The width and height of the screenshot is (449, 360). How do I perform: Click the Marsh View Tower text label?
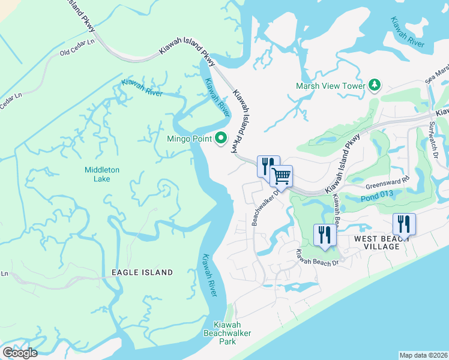(x=330, y=86)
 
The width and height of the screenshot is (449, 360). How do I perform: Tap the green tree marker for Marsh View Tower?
(x=375, y=85)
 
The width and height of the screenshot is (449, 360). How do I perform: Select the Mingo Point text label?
(x=189, y=139)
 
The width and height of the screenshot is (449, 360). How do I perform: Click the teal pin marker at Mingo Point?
(x=220, y=139)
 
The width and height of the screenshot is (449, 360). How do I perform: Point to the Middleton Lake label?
(x=101, y=175)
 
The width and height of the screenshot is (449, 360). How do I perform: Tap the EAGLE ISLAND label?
(x=142, y=272)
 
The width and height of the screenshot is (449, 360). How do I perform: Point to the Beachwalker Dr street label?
(x=264, y=207)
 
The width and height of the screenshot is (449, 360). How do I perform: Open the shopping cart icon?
(x=281, y=176)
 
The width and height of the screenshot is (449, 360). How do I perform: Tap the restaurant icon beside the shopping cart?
(x=268, y=166)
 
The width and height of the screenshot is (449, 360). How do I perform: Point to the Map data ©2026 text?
(x=424, y=355)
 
